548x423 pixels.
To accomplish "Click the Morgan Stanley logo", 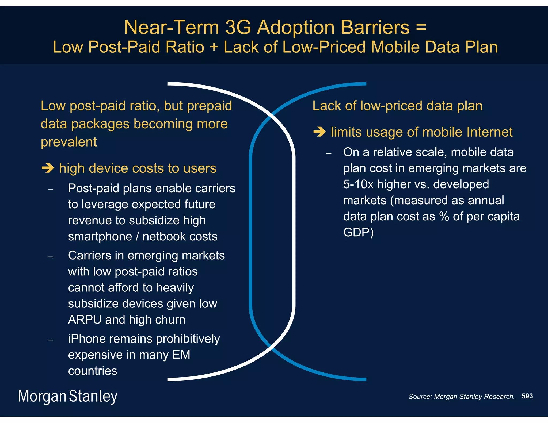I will (x=67, y=396).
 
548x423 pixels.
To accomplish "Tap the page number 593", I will (x=527, y=396).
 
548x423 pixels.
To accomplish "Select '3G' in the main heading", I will (x=238, y=27).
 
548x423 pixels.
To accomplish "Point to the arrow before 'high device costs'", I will (x=48, y=168).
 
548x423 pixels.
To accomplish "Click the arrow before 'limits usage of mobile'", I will (x=319, y=132).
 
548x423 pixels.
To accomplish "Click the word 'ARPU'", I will (x=85, y=320).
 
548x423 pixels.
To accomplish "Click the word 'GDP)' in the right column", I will (x=358, y=232).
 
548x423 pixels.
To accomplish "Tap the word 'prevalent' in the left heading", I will (x=69, y=142).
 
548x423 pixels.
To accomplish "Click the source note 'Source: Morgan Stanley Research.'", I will (x=461, y=397).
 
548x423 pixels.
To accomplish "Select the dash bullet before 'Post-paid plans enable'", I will (x=50, y=190).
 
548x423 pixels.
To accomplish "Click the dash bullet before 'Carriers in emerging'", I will (x=50, y=257).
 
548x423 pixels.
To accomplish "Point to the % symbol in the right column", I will (x=444, y=216).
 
